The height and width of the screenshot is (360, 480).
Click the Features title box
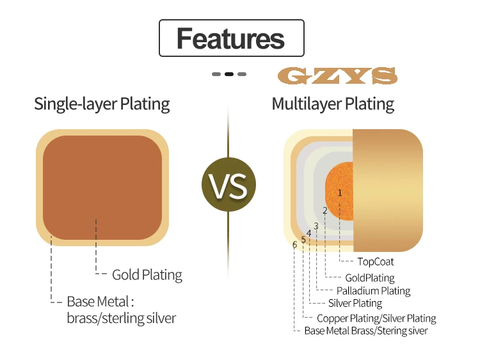click(230, 38)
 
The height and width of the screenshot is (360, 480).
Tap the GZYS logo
click(337, 76)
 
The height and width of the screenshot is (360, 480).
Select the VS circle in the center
click(228, 185)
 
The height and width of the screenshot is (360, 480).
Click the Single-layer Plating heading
click(102, 104)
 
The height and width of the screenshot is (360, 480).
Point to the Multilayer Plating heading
click(333, 104)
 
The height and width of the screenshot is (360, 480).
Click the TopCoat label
click(375, 262)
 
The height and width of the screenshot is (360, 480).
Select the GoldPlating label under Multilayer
click(369, 278)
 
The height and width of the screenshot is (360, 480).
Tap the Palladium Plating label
click(373, 291)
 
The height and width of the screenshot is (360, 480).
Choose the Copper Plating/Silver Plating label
click(376, 318)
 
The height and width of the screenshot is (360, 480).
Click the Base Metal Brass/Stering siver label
click(365, 331)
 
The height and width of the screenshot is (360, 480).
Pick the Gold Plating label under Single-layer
click(147, 275)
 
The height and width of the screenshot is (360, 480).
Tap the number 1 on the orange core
click(340, 192)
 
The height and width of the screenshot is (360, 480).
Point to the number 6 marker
click(294, 244)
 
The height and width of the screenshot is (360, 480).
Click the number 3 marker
click(316, 226)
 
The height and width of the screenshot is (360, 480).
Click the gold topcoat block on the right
click(388, 190)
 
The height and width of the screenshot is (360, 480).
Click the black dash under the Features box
click(229, 74)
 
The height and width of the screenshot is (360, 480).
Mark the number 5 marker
click(303, 239)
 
